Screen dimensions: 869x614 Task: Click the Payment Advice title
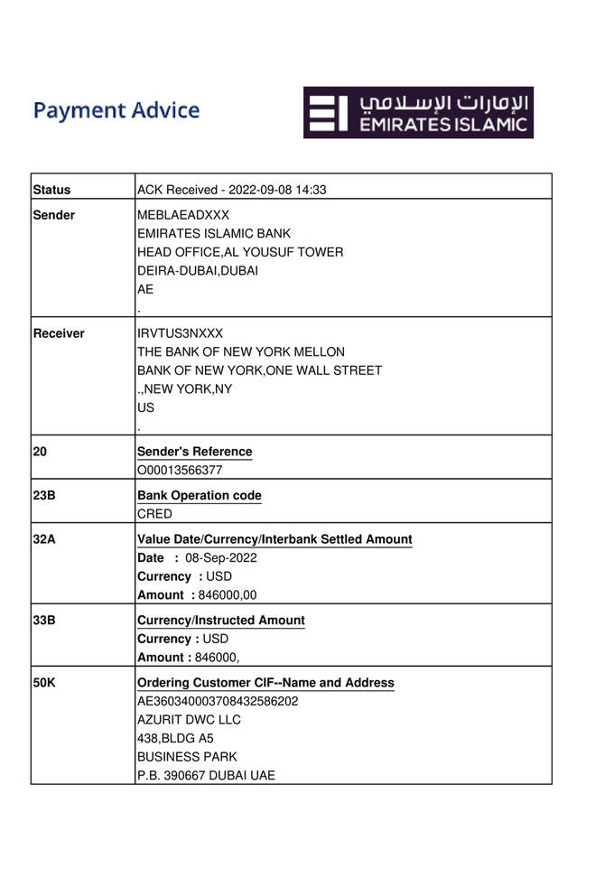coord(116,111)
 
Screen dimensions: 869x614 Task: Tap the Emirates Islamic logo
coord(418,112)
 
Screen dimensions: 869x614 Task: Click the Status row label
coord(51,190)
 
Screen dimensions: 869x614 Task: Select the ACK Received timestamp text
coord(231,190)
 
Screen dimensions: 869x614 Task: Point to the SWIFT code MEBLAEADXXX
coord(183,215)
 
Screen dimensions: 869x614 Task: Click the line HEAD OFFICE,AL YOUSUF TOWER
coord(240,252)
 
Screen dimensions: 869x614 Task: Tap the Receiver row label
coord(59,333)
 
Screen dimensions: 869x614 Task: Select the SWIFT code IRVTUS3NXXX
coord(180,333)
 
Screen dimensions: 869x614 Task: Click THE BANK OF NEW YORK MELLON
coord(241,351)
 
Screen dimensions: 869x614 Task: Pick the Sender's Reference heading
coord(194,452)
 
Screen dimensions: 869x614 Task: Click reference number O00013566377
coord(180,470)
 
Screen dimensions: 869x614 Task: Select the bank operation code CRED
coord(154,514)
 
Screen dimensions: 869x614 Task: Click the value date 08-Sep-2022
coord(221,557)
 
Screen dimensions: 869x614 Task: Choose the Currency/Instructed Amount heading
coord(221,621)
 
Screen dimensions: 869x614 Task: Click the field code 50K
coord(45,683)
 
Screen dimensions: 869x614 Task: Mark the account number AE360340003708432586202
coord(218,701)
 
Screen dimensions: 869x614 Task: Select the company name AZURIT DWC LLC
coord(189,720)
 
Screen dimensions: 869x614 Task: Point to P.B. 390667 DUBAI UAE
coord(206,775)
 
